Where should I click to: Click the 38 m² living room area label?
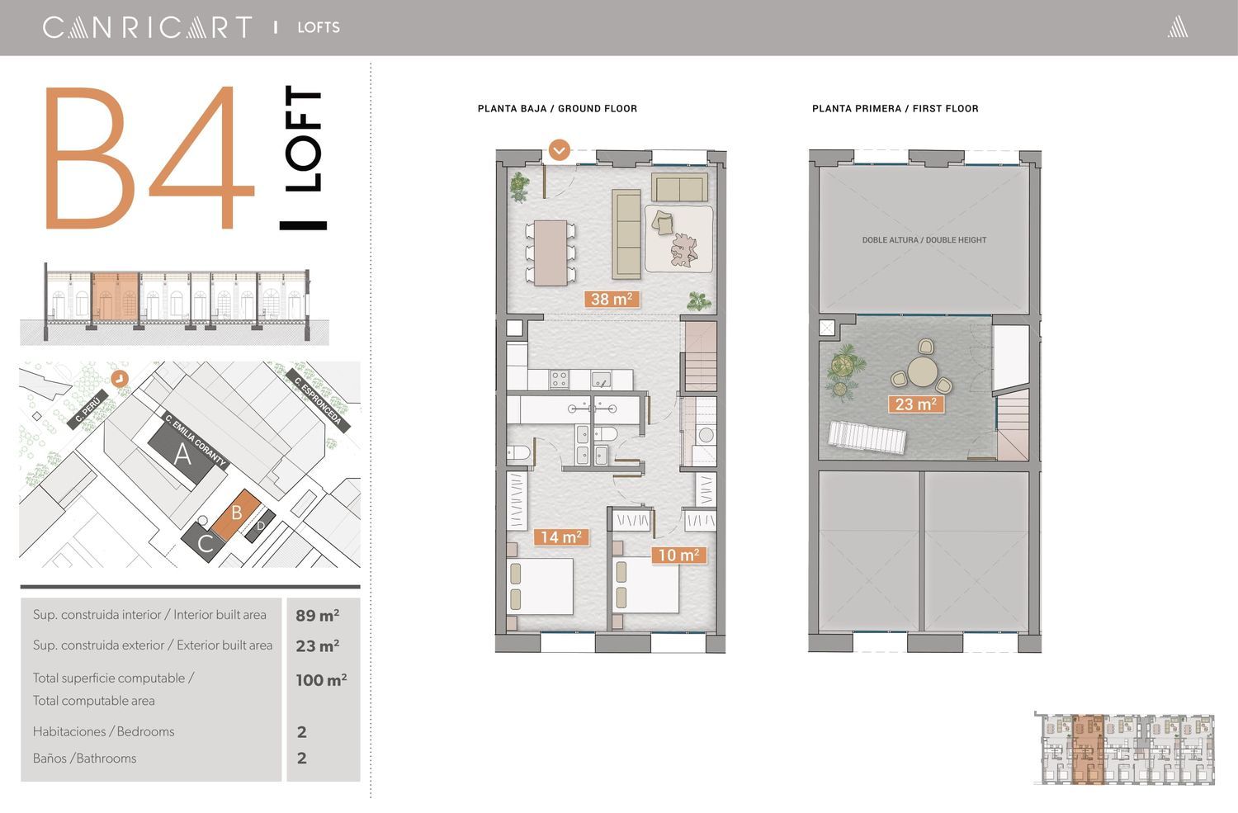click(612, 299)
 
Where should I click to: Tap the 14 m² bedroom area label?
click(561, 536)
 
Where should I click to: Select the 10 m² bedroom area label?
click(678, 555)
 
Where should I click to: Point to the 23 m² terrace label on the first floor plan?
click(916, 404)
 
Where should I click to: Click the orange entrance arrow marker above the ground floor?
click(560, 149)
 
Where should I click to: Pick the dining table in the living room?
click(550, 253)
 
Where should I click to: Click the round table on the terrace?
click(921, 371)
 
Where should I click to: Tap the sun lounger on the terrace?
click(867, 438)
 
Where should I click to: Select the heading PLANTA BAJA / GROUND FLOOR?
click(557, 109)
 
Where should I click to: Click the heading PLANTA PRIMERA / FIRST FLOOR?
click(895, 109)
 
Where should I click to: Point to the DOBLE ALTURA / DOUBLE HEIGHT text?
click(924, 240)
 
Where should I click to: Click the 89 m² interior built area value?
click(317, 615)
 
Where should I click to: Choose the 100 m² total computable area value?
click(321, 680)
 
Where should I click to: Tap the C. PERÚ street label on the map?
click(87, 409)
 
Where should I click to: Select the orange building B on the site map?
click(237, 514)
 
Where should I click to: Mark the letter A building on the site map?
click(182, 455)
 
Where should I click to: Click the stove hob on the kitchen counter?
click(560, 379)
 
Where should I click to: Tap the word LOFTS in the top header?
click(319, 27)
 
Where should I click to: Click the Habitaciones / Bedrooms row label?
click(103, 732)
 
